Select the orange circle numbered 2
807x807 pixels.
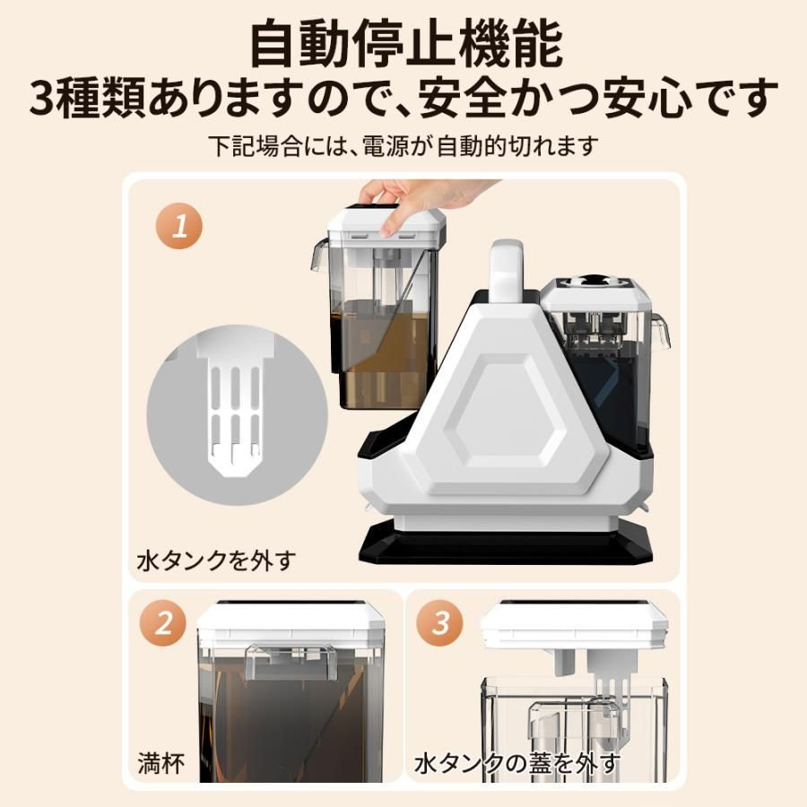coord(163,623)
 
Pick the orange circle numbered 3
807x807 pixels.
coord(440,623)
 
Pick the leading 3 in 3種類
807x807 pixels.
coord(44,98)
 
